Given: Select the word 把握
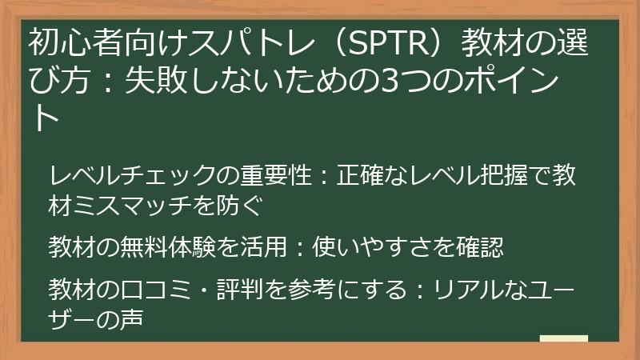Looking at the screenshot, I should pyautogui.click(x=507, y=174).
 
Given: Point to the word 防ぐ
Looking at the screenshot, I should pyautogui.click(x=241, y=206).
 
